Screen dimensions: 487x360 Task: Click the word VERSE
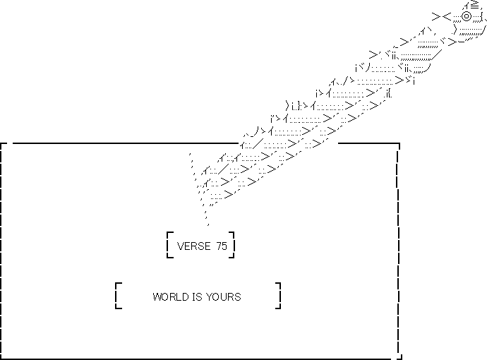pos(194,246)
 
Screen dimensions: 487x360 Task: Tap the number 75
pos(222,246)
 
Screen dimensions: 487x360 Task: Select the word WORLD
pos(171,297)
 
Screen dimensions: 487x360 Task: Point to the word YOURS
pos(223,297)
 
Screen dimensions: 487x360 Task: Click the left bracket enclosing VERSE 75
pos(168,245)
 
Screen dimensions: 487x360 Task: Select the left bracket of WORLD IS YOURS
pos(116,296)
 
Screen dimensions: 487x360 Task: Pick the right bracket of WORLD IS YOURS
pos(279,296)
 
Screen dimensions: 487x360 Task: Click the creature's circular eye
pos(467,16)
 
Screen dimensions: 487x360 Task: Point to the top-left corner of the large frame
pos(1,143)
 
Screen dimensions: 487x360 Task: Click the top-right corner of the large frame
pos(399,143)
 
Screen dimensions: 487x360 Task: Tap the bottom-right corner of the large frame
pos(399,359)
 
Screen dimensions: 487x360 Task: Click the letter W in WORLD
pos(157,297)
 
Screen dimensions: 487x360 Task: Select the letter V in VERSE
pos(181,246)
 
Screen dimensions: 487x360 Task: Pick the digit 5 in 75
pos(224,246)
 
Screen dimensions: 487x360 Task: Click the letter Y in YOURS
pos(209,297)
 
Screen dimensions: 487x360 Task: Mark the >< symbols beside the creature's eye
pos(441,16)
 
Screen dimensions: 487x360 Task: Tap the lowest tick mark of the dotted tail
pos(208,224)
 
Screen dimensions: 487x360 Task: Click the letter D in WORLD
pos(186,297)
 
